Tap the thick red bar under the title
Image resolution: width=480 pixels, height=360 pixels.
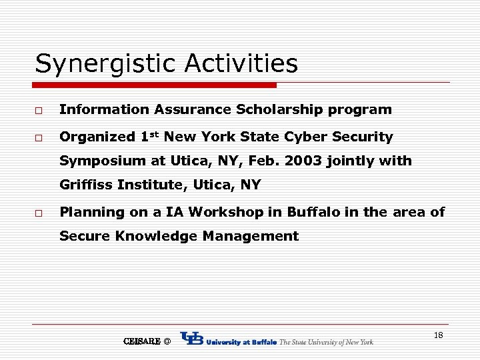[x=155, y=85]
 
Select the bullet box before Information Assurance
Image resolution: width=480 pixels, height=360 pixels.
[x=40, y=109]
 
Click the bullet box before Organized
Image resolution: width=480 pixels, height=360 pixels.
[x=40, y=137]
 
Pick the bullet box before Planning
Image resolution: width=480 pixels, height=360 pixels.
[x=40, y=213]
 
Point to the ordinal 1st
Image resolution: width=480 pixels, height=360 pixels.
[x=150, y=136]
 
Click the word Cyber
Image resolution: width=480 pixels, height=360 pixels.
[x=305, y=137]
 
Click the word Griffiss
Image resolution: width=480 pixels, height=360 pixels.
[x=86, y=185]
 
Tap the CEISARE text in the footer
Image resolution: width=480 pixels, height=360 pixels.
[x=141, y=341]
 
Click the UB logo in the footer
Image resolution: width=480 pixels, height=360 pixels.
[x=192, y=339]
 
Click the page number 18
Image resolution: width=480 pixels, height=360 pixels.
[x=438, y=335]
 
